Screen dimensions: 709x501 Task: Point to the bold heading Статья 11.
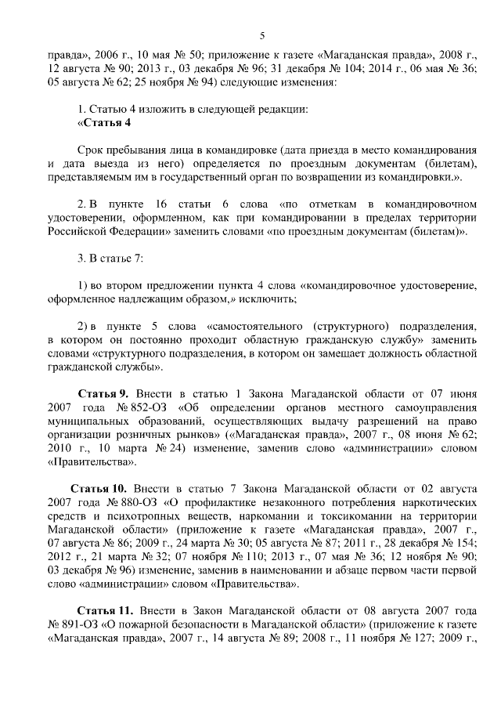[x=105, y=610]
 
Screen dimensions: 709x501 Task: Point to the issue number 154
[x=463, y=549]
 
